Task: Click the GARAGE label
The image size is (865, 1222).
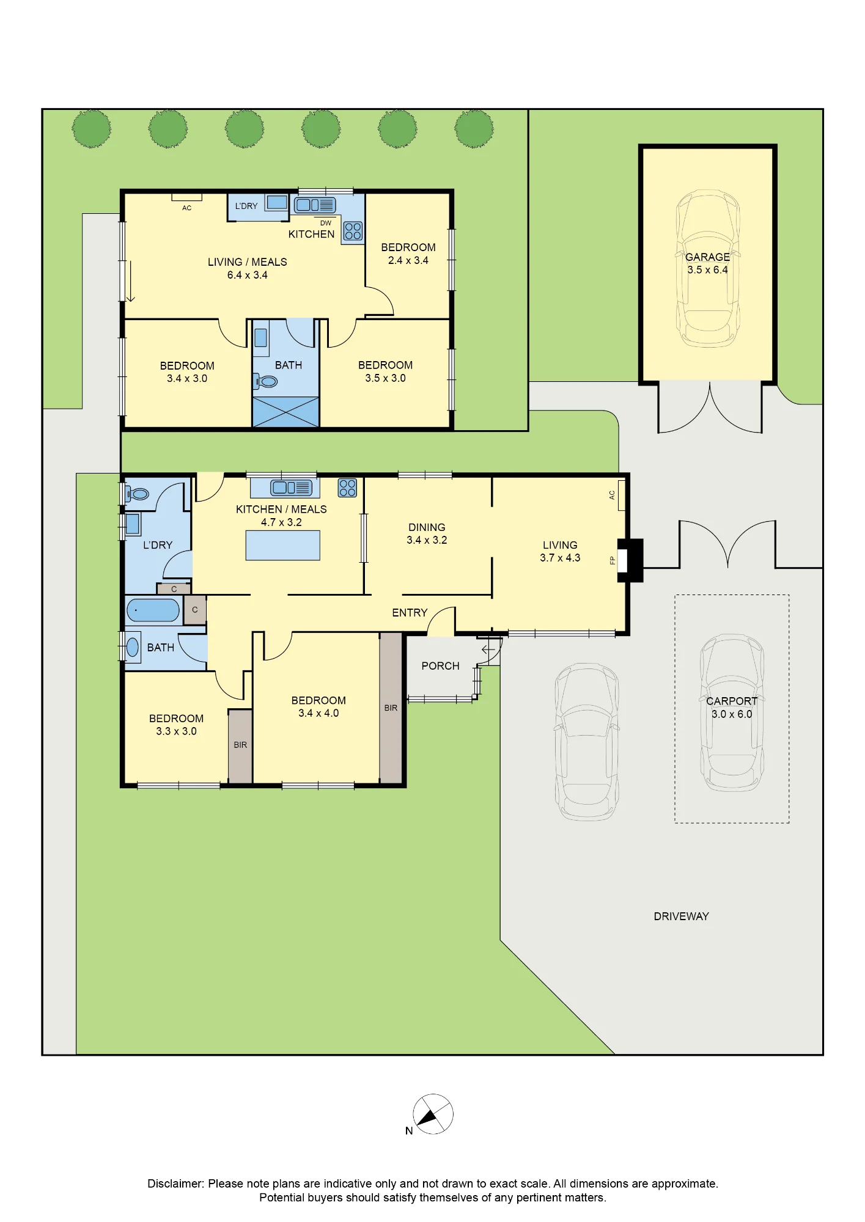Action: pos(707,257)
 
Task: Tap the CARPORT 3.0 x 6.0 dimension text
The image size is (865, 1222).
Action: pos(732,714)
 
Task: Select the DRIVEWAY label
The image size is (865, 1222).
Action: pos(681,916)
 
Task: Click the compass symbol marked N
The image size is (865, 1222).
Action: pos(433,1114)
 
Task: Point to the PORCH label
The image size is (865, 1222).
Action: pos(440,666)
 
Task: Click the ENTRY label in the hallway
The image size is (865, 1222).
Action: pos(410,613)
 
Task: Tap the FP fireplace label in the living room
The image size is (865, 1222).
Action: pos(612,560)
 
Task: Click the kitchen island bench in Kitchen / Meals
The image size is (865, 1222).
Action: pos(282,546)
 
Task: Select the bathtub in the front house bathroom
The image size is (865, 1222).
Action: pos(153,610)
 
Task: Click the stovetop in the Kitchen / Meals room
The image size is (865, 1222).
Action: pos(347,488)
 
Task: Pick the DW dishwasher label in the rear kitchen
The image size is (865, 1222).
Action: pos(326,223)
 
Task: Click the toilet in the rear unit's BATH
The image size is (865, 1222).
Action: pos(266,382)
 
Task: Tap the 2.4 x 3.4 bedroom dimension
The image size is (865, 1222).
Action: pos(408,260)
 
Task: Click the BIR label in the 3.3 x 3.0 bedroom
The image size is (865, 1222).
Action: pos(240,745)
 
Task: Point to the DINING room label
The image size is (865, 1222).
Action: pos(427,527)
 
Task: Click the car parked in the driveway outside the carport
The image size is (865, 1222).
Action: pos(587,742)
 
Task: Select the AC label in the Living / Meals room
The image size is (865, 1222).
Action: pos(187,208)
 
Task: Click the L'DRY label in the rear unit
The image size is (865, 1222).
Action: pos(246,206)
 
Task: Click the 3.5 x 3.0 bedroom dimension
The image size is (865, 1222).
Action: pos(385,378)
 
